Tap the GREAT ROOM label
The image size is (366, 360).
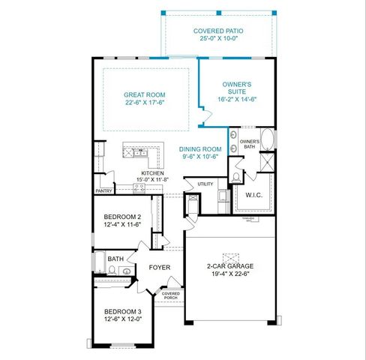pos(145,94)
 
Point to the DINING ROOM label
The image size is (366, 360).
pos(201,149)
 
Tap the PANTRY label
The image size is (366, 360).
pos(103,190)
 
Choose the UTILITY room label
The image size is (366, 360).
pos(205,184)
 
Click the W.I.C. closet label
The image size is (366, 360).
pos(255,195)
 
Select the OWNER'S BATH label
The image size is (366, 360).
pos(250,144)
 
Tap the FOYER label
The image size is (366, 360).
pos(159,267)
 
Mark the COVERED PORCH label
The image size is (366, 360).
pos(171,295)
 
